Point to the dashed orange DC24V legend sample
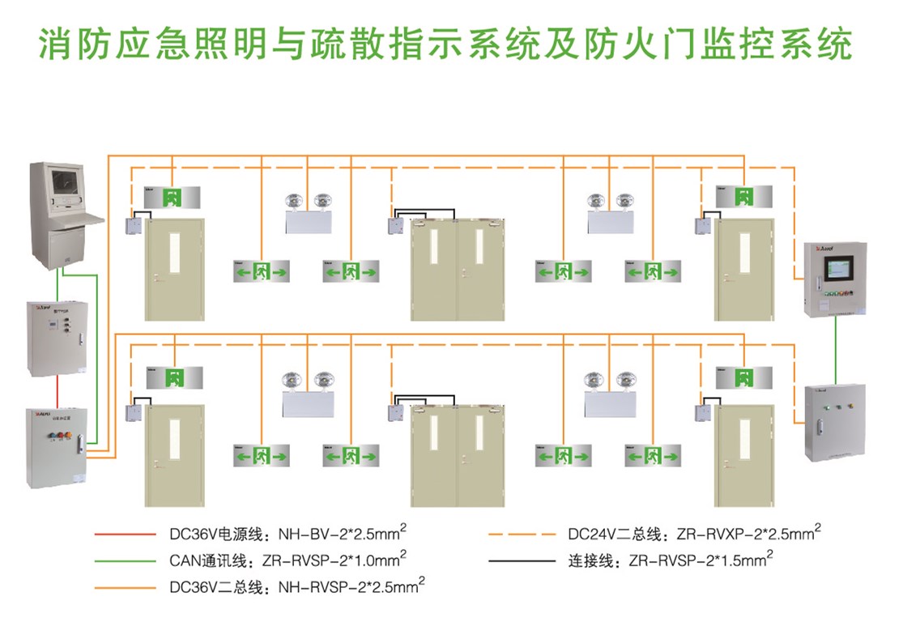(x=522, y=535)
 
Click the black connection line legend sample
(x=522, y=560)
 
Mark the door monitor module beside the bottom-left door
(x=132, y=412)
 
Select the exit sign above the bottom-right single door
(x=742, y=377)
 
